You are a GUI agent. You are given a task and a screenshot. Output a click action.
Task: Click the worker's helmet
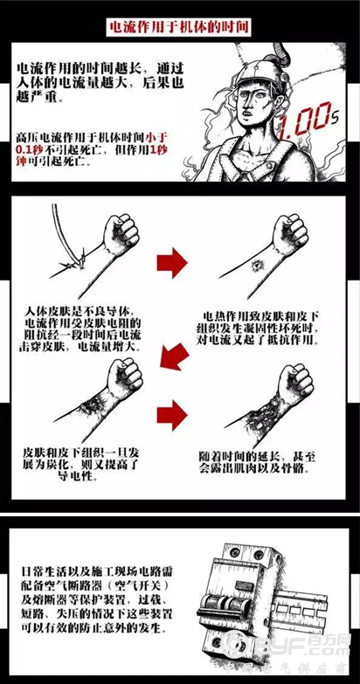[251, 64]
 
